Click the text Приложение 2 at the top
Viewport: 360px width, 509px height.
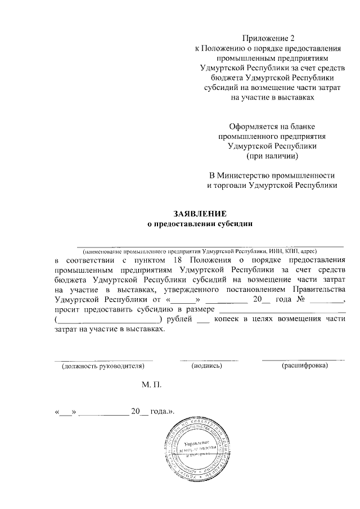(268, 38)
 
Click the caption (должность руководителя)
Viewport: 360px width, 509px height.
(103, 366)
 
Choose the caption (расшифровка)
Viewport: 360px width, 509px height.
(304, 366)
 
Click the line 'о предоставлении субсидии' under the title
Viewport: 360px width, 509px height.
(200, 224)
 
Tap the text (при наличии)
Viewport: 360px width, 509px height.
(272, 155)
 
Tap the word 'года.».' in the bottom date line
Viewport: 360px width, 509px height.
(163, 412)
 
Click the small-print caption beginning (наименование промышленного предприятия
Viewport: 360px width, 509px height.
(200, 250)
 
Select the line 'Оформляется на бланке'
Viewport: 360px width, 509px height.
(272, 126)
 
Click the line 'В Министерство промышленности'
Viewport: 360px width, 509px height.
(272, 174)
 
